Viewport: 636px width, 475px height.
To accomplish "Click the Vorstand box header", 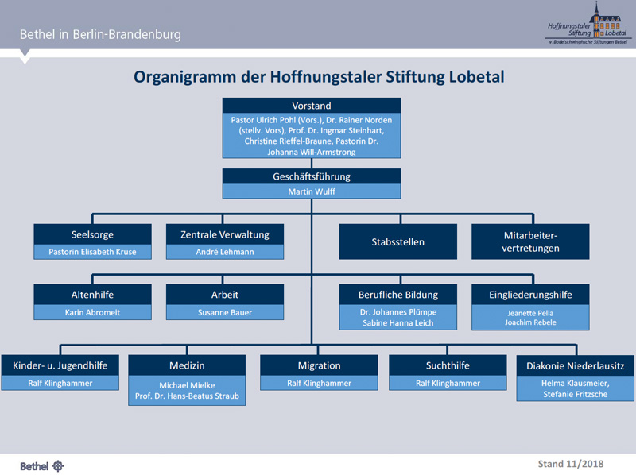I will [312, 106].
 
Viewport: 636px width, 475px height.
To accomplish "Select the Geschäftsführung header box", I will [312, 176].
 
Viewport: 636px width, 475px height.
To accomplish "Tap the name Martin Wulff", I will [312, 191].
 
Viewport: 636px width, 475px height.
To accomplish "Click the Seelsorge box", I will [92, 234].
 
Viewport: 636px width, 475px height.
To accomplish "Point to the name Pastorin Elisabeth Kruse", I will [92, 252].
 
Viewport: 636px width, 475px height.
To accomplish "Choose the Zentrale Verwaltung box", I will [225, 234].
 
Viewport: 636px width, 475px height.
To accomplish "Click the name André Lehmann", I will [225, 252].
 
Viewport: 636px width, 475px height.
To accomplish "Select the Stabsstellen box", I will [398, 241].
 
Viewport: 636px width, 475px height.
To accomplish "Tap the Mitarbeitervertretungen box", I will [530, 241].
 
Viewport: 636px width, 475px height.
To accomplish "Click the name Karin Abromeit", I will [92, 312].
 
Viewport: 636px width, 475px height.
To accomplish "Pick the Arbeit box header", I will [225, 295].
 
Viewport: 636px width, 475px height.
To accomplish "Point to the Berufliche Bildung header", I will [398, 295].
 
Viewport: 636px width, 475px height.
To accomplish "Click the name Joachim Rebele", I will [530, 323].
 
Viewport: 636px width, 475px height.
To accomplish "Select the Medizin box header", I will [187, 365].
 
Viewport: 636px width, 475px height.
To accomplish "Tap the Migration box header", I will [319, 365].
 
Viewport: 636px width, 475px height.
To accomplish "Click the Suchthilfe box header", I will [448, 365].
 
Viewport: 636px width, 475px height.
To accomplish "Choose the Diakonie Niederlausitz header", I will [574, 366].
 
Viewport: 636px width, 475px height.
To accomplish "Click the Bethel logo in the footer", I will [41, 465].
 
